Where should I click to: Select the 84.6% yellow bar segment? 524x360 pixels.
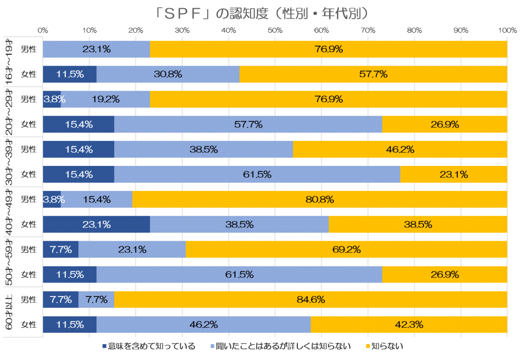tap(311, 300)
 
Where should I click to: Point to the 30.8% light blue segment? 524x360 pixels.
tap(168, 74)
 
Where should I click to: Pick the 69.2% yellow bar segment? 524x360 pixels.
tap(346, 250)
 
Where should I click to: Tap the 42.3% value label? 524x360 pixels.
tap(408, 325)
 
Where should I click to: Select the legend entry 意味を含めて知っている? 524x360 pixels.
tap(148, 346)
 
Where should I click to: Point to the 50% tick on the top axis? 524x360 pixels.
tap(275, 31)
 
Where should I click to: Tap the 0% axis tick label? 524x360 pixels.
tap(43, 31)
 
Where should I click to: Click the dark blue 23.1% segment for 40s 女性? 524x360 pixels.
tap(96, 224)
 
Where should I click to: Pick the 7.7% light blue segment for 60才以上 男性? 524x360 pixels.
tap(96, 300)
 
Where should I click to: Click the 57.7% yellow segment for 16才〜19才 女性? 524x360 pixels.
tap(373, 74)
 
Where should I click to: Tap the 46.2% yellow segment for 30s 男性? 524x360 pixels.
tap(400, 150)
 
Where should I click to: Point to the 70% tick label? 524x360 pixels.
tap(368, 31)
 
